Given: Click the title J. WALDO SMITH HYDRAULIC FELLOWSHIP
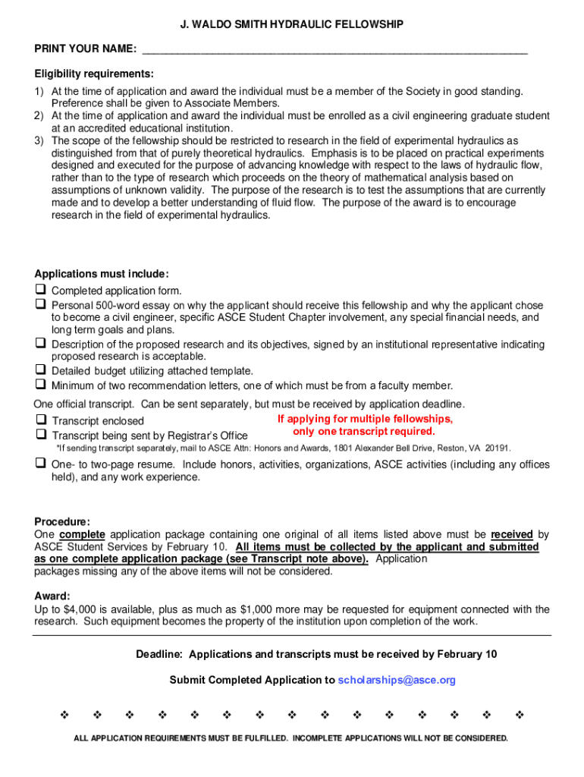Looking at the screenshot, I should click(x=292, y=25).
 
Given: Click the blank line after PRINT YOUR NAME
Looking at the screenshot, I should click(x=334, y=50).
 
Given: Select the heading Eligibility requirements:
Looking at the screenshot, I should click(x=94, y=74).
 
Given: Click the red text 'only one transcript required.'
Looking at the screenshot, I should click(x=364, y=432).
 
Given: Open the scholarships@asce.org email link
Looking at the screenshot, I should click(x=397, y=680).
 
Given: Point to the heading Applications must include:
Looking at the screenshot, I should click(x=102, y=274).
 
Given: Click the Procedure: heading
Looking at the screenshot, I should click(x=62, y=521).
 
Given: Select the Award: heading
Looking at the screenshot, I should click(x=52, y=596).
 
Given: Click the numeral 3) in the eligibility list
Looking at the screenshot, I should click(x=39, y=140).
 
